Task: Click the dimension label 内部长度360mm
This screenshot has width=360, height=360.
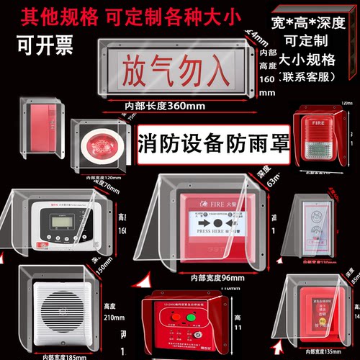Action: click(x=165, y=106)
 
